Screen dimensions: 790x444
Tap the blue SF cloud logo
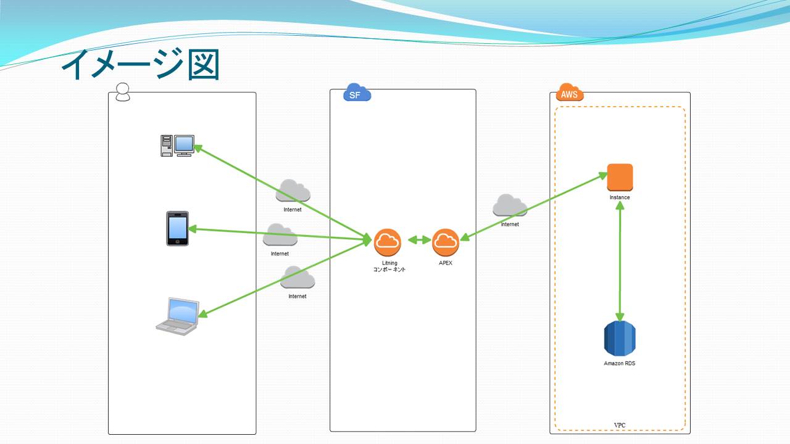(357, 92)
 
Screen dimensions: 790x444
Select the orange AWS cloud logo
(570, 92)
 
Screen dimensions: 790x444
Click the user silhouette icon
(123, 92)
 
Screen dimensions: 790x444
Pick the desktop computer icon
(177, 146)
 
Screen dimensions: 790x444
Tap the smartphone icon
(177, 228)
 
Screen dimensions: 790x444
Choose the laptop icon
(178, 316)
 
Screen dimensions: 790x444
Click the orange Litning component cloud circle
(387, 242)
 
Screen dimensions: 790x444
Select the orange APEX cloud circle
(446, 242)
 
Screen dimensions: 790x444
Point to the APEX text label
(446, 263)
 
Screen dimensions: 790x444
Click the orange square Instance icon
(620, 177)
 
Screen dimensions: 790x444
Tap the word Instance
(620, 197)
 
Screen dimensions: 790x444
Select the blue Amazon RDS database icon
(620, 339)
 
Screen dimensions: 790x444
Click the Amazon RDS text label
(619, 363)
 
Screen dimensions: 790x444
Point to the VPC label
(620, 425)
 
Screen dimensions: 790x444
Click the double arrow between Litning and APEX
(419, 240)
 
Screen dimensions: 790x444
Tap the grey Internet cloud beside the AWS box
(510, 205)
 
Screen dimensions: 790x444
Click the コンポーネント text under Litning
(389, 269)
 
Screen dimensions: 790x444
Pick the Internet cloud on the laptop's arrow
(297, 277)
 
